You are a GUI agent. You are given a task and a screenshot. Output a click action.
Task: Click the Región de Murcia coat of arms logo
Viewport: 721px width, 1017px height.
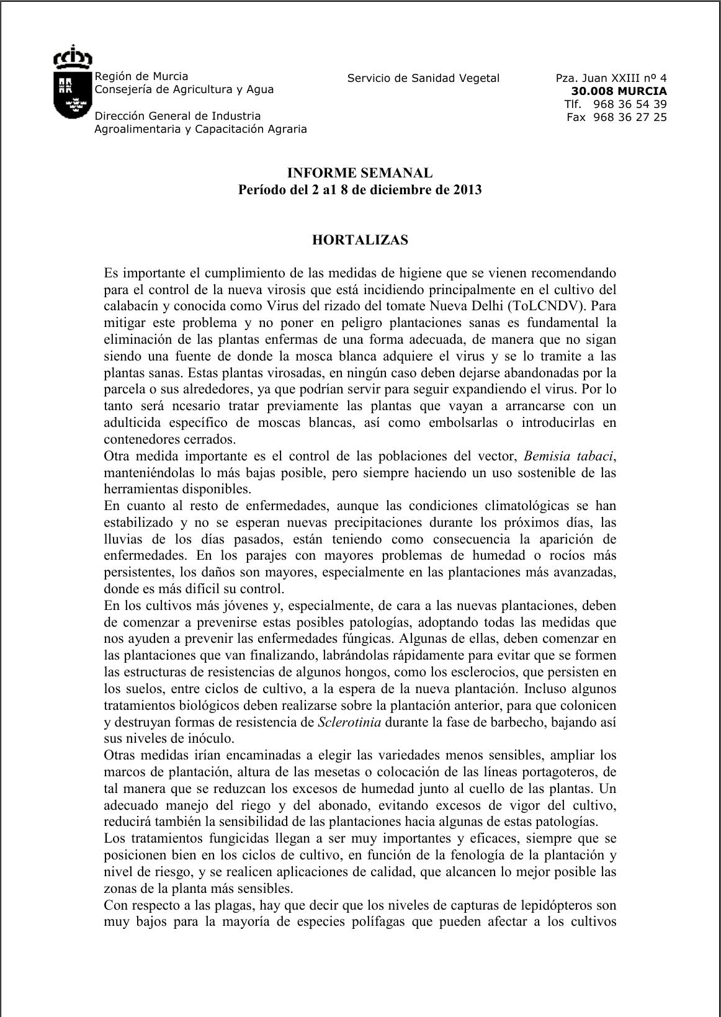pos(73,82)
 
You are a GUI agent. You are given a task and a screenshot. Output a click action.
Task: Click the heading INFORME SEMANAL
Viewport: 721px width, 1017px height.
pos(360,173)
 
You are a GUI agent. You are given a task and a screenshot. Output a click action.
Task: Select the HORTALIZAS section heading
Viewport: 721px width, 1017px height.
pos(360,240)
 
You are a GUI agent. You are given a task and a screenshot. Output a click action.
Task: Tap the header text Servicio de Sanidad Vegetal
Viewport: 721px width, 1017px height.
pos(423,78)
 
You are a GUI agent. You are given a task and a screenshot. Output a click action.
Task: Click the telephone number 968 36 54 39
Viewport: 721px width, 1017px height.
pos(630,104)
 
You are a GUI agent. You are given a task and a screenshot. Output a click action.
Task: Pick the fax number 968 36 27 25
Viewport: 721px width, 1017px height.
pos(630,117)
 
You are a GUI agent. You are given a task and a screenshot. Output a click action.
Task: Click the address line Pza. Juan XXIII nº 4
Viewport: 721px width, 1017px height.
pos(611,78)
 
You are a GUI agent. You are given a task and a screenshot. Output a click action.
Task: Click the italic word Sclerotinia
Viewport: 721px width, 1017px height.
pos(349,722)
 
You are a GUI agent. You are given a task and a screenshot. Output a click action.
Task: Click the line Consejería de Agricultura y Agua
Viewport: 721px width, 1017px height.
pos(184,89)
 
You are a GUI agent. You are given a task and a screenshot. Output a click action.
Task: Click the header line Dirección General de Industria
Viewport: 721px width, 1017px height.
pos(177,116)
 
